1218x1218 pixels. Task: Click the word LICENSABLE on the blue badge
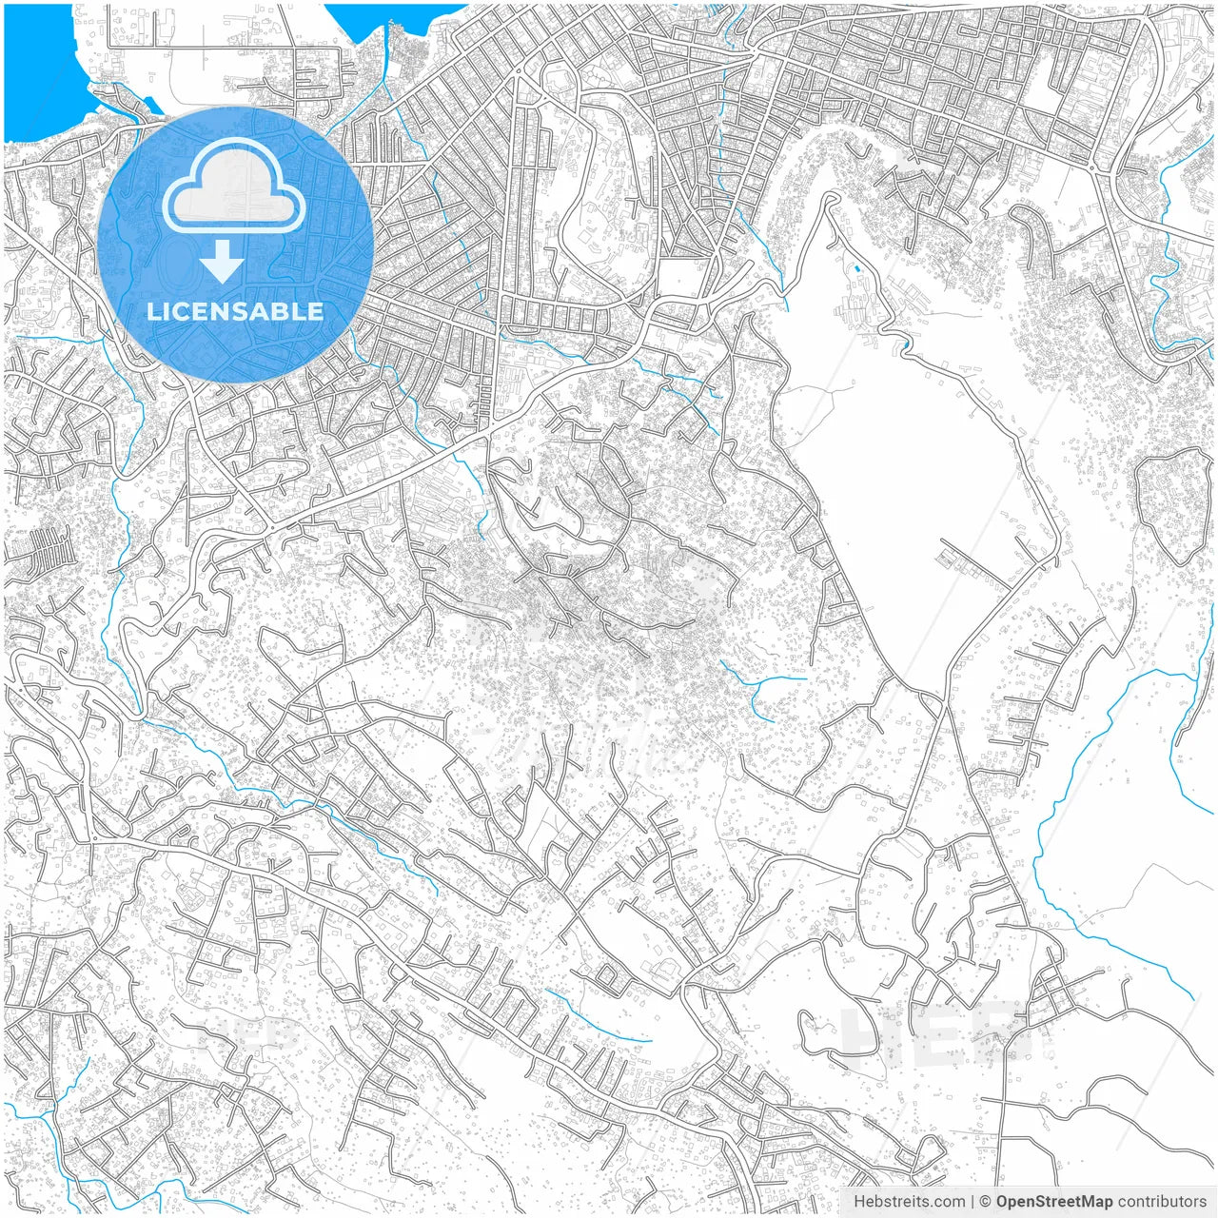tap(235, 311)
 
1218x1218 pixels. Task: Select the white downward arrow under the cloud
tap(223, 261)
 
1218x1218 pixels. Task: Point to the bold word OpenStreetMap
tap(1054, 1202)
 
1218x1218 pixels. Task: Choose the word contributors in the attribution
tap(1161, 1202)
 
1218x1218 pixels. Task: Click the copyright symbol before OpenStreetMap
tap(986, 1202)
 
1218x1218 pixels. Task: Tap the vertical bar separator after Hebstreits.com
tap(972, 1202)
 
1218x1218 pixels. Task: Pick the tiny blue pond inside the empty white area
tap(857, 269)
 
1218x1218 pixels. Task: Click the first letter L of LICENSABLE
tap(152, 311)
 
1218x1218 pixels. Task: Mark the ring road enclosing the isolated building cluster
tap(1169, 505)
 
